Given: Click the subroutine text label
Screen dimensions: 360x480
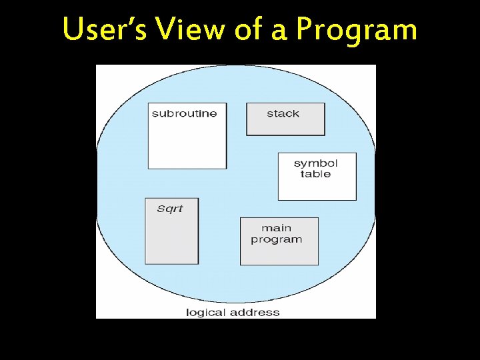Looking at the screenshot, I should (184, 113).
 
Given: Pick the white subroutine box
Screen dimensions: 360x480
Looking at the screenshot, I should (187, 143).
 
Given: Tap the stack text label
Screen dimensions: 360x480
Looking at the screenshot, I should (283, 113).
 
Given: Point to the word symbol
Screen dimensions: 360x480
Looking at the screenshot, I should (315, 163).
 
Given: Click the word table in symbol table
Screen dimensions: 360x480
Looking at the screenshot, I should (315, 174).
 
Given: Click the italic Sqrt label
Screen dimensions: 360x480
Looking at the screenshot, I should (169, 209).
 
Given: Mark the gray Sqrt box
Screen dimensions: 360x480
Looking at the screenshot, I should (171, 240).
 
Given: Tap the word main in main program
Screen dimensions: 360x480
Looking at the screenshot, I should (276, 228).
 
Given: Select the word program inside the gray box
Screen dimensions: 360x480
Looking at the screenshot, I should (276, 239).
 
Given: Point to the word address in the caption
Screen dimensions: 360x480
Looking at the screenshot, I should (257, 312).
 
